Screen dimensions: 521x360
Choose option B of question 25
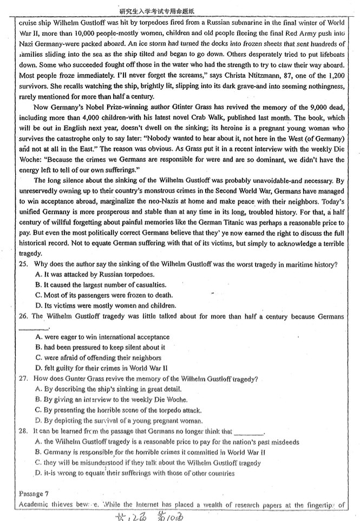coord(103,285)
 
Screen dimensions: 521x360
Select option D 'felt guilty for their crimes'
coord(102,368)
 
